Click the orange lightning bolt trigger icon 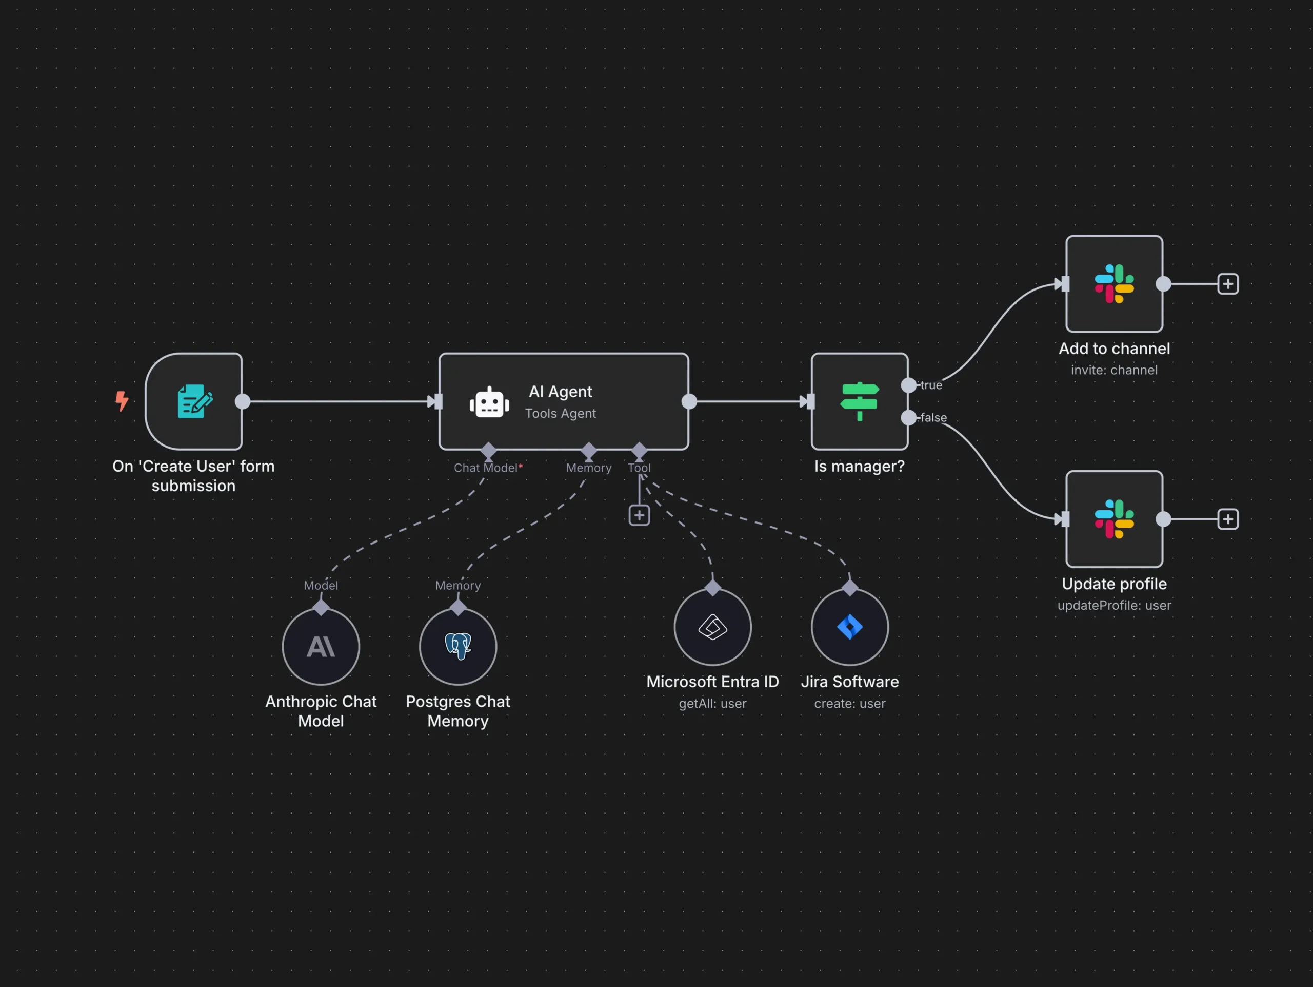click(x=122, y=401)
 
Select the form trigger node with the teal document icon click(x=194, y=401)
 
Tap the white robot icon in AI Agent click(x=489, y=402)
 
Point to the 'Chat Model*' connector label click(x=488, y=468)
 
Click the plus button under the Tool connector click(x=639, y=515)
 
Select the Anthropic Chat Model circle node click(x=321, y=646)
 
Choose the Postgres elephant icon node click(x=457, y=646)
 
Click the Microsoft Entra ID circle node click(x=712, y=627)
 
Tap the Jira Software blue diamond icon click(x=849, y=627)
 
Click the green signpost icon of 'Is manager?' click(x=859, y=401)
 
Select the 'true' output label click(x=931, y=385)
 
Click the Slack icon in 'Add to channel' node click(x=1113, y=284)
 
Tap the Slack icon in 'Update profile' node click(x=1113, y=519)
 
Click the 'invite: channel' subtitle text click(x=1113, y=370)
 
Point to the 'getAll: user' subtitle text click(x=712, y=704)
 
